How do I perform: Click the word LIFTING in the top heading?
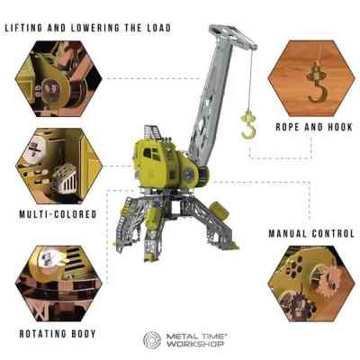[23, 28]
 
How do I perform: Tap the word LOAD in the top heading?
[158, 28]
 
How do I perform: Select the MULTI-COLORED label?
[58, 214]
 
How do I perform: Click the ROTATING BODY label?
[58, 334]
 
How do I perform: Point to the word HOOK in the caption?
[340, 127]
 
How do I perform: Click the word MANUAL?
[287, 233]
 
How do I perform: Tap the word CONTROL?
[333, 233]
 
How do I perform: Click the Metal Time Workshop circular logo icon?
[152, 340]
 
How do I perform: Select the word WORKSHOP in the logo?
[195, 344]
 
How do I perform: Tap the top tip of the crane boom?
[210, 27]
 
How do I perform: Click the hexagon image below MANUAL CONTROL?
[311, 283]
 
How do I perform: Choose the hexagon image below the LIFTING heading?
[58, 78]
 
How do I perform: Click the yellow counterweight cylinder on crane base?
[220, 211]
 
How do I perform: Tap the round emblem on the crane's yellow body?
[189, 175]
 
